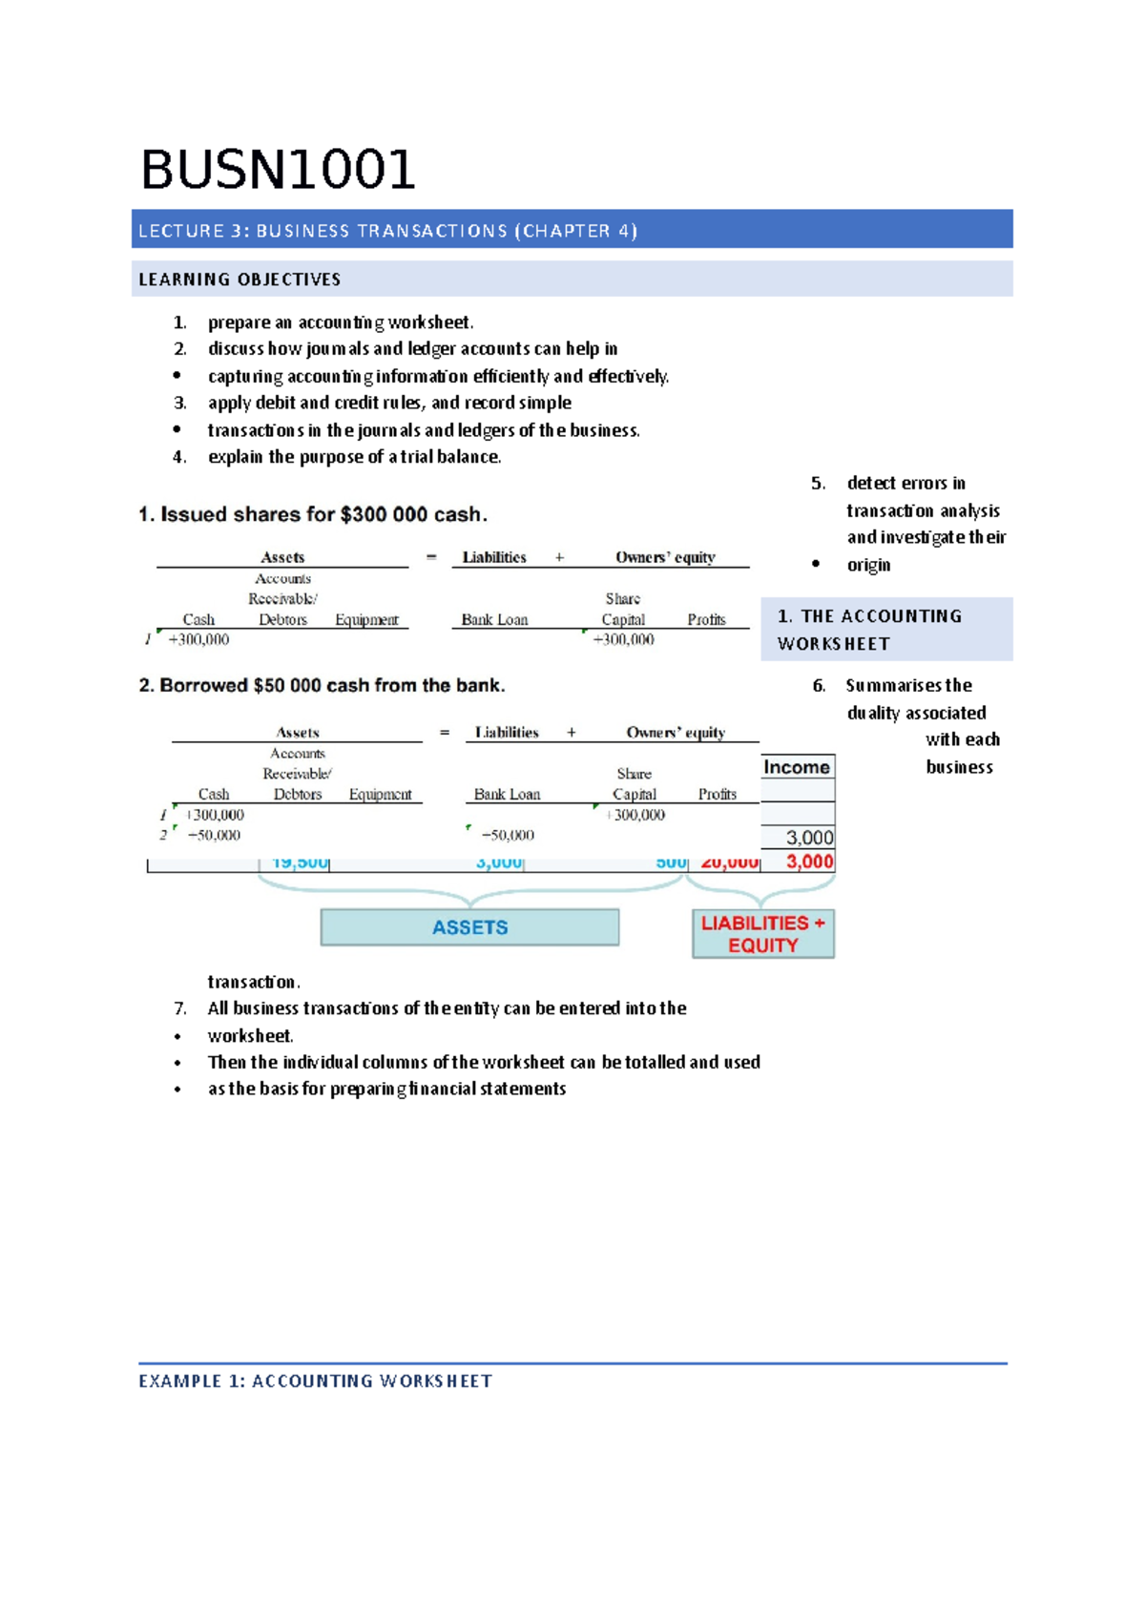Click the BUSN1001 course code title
[278, 170]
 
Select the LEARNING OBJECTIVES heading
[239, 280]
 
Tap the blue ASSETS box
[469, 927]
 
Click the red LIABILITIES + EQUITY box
[762, 934]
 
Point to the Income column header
[797, 768]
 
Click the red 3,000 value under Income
[809, 862]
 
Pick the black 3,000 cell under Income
[809, 838]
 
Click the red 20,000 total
[730, 863]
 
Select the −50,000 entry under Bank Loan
[508, 836]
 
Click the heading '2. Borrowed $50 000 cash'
[322, 686]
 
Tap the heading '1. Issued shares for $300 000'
[313, 515]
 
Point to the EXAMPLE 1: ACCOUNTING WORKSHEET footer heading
[315, 1381]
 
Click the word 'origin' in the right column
[868, 565]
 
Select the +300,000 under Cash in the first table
[198, 640]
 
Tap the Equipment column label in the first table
[366, 620]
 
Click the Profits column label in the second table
[717, 795]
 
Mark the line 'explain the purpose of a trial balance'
[354, 457]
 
